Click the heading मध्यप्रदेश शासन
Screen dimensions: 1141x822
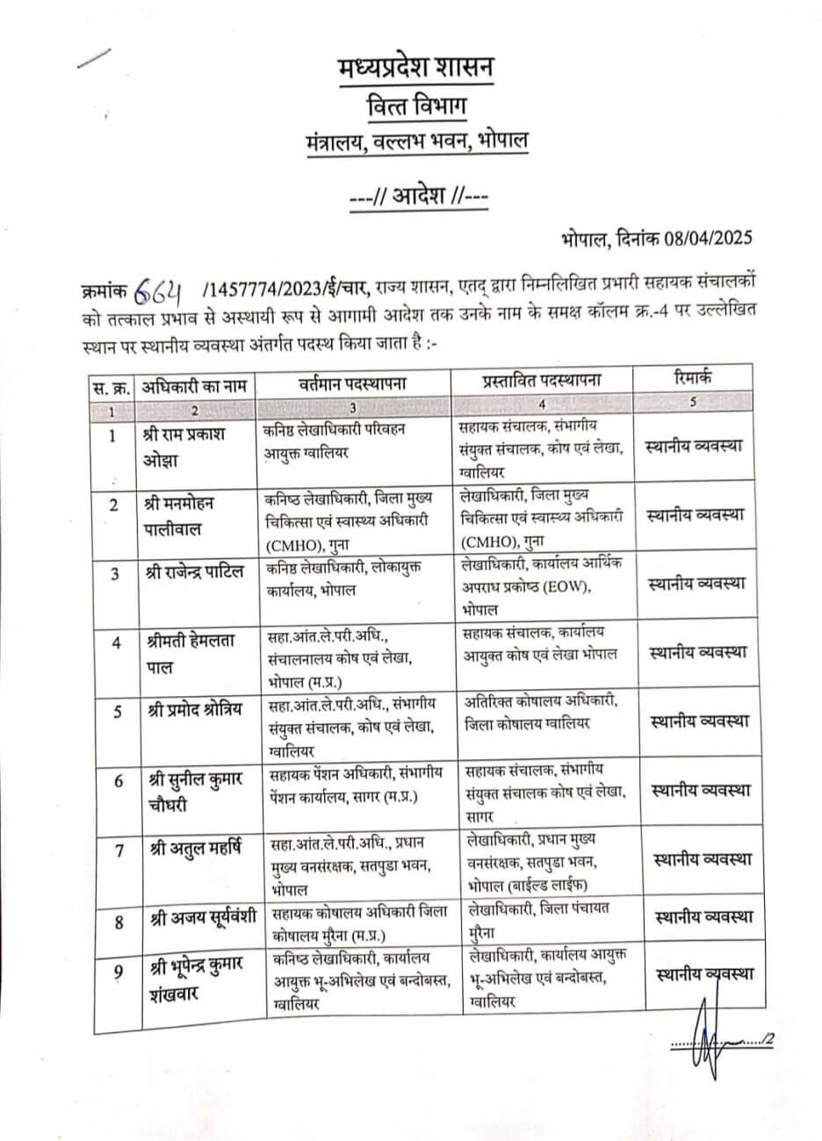click(x=415, y=67)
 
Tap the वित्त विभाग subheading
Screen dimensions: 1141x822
click(x=415, y=105)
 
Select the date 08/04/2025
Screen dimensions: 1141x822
click(x=698, y=237)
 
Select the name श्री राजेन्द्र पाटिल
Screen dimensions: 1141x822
click(x=196, y=574)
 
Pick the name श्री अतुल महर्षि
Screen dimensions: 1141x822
click(x=191, y=849)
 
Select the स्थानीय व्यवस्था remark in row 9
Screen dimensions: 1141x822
click(x=703, y=973)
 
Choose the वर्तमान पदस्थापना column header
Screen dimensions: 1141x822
click(x=352, y=384)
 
